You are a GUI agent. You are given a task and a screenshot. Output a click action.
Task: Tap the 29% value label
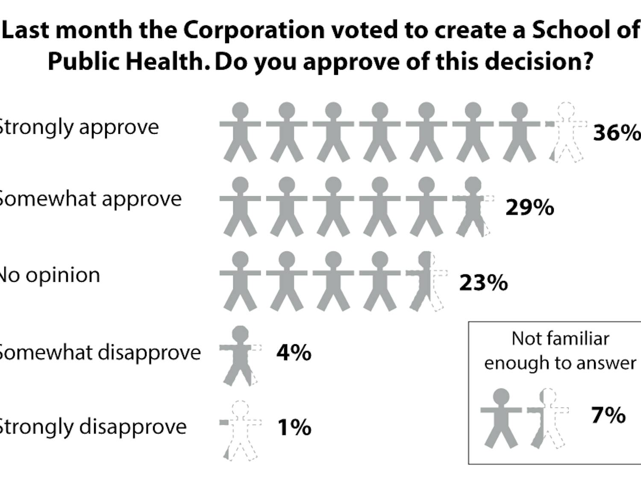pyautogui.click(x=529, y=208)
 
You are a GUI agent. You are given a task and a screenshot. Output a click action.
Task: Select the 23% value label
pyautogui.click(x=483, y=283)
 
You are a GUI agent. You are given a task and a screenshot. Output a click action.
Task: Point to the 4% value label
pyautogui.click(x=294, y=353)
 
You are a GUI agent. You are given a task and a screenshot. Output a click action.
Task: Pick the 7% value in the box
pyautogui.click(x=608, y=415)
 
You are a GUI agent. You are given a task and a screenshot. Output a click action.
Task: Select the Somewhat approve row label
pyautogui.click(x=89, y=199)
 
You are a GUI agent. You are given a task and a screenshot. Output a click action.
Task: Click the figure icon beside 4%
pyautogui.click(x=240, y=355)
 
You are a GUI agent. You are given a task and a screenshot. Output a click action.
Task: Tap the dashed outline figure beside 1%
pyautogui.click(x=240, y=430)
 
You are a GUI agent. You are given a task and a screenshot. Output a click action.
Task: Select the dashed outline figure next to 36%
pyautogui.click(x=566, y=132)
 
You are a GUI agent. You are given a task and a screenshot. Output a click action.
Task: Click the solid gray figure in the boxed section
pyautogui.click(x=501, y=418)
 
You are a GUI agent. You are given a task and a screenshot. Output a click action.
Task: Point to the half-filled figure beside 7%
pyautogui.click(x=547, y=418)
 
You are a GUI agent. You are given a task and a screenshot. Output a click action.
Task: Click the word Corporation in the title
pyautogui.click(x=254, y=30)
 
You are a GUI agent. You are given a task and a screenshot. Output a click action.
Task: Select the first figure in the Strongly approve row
pyautogui.click(x=240, y=132)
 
